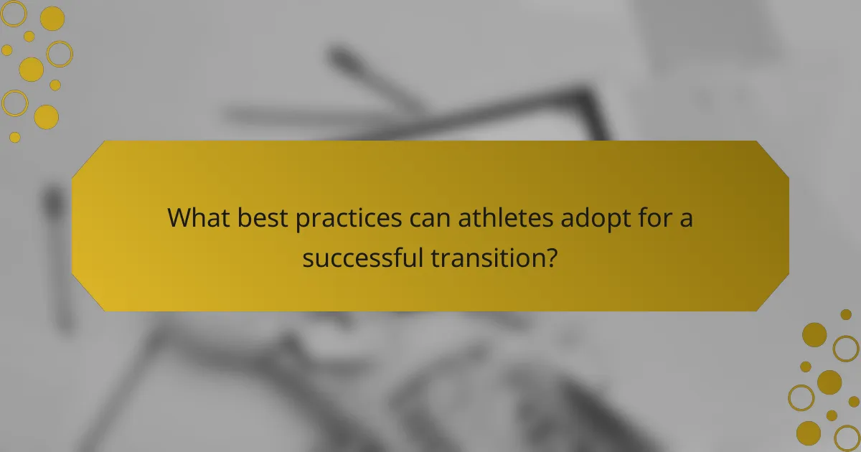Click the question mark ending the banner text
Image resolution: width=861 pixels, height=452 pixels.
551,257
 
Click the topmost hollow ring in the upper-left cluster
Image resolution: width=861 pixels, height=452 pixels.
13,14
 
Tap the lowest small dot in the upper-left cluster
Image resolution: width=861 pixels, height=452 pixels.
15,137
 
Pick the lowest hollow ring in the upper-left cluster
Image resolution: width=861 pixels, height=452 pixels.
14,103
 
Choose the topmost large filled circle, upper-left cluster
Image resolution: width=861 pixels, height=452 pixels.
52,19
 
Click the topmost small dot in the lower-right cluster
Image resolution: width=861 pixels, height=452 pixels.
846,314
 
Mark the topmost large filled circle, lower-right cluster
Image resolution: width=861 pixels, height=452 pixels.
814,334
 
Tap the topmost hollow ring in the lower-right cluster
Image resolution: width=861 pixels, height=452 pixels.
846,348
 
